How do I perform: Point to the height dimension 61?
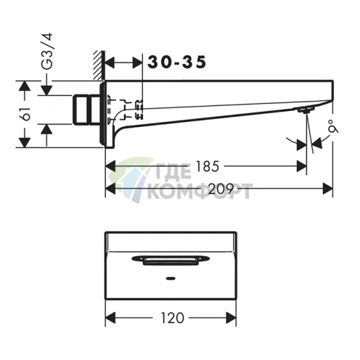tap(23, 115)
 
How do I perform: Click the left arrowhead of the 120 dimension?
tap(110, 317)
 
